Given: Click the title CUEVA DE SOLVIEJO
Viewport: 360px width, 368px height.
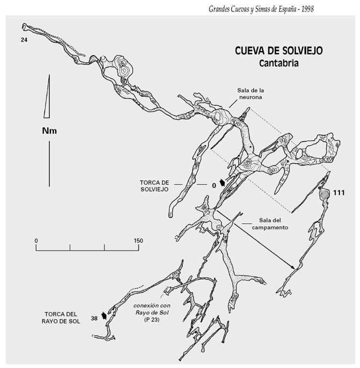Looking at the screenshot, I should pyautogui.click(x=278, y=50).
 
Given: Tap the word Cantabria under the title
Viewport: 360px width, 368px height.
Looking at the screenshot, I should pyautogui.click(x=278, y=63).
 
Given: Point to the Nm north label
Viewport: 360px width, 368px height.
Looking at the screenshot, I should pyautogui.click(x=49, y=131).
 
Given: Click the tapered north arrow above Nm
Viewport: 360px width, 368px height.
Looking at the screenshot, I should pyautogui.click(x=46, y=96).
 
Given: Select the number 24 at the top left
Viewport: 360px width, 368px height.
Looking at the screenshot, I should pyautogui.click(x=24, y=40).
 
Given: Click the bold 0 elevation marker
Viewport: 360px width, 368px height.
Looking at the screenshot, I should pyautogui.click(x=214, y=184).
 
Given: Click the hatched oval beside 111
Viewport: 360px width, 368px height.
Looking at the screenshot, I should pyautogui.click(x=325, y=194).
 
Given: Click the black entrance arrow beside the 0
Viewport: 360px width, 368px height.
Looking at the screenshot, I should pyautogui.click(x=222, y=183).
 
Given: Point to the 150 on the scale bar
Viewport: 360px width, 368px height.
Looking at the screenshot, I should pyautogui.click(x=138, y=240).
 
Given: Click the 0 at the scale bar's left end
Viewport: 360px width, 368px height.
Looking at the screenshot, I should pyautogui.click(x=36, y=240).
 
